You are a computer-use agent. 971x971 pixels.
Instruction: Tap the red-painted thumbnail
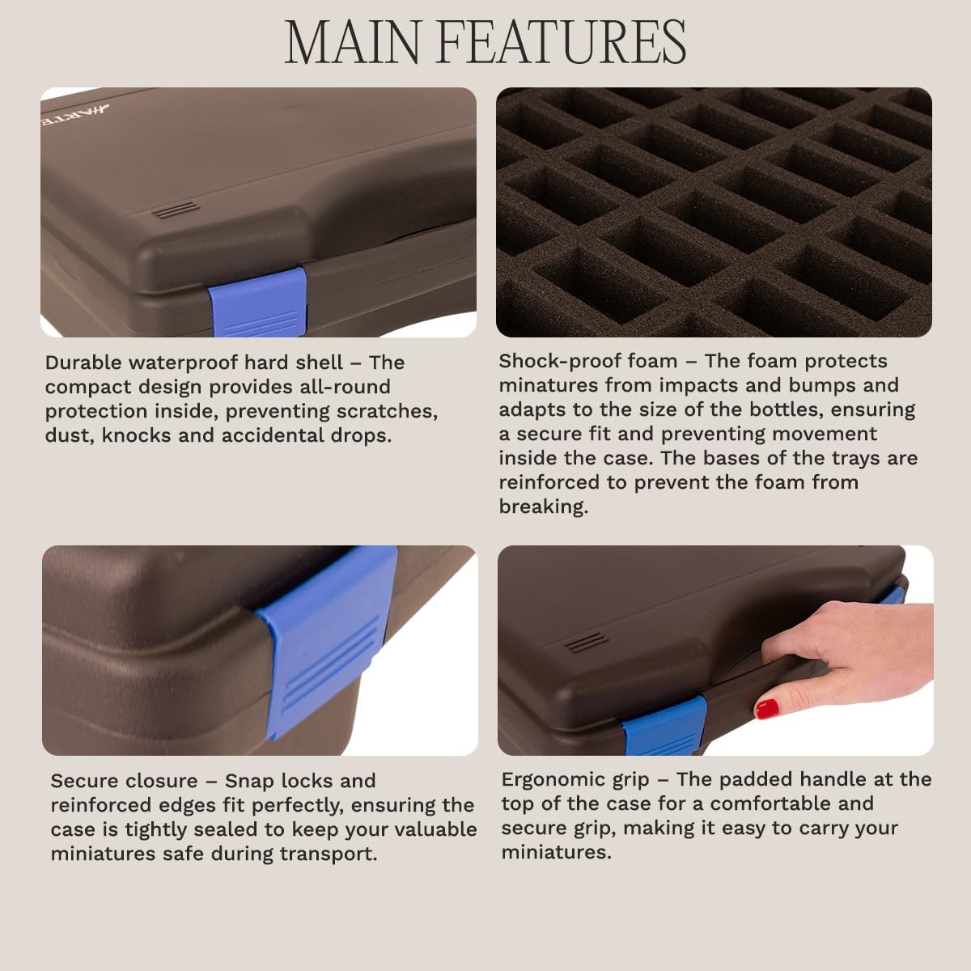(766, 709)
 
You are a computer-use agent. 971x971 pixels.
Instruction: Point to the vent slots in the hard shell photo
(176, 210)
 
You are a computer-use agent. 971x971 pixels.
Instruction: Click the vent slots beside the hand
(580, 644)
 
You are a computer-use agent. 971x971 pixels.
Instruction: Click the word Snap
(250, 781)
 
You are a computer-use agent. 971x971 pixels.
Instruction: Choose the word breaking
(542, 507)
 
